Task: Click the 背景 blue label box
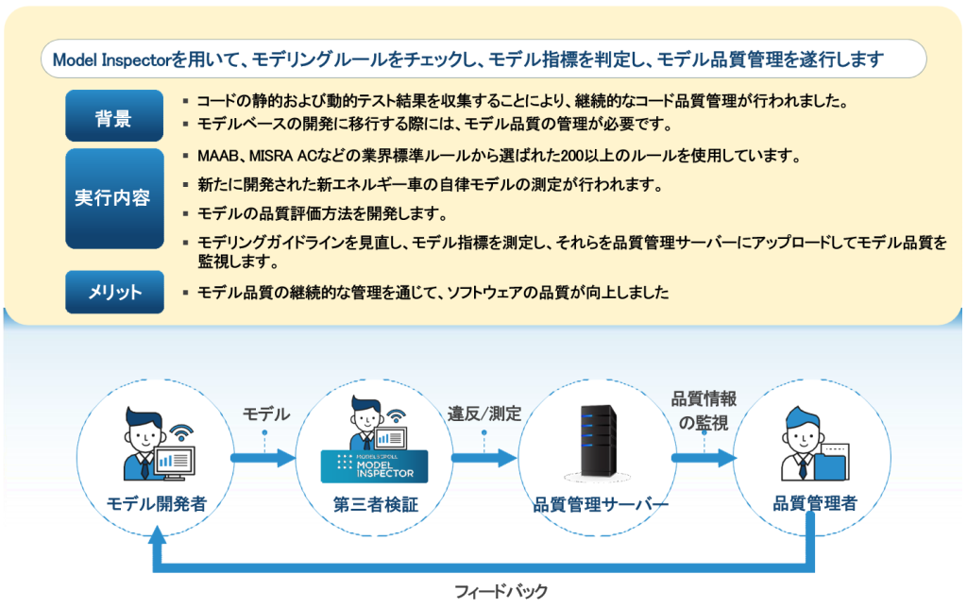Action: point(114,117)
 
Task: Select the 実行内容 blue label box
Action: point(114,198)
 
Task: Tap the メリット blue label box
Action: point(114,292)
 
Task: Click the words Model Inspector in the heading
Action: point(110,59)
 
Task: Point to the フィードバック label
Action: point(500,592)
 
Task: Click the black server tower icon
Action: point(596,444)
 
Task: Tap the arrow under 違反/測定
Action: point(483,459)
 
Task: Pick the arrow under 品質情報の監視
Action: point(704,459)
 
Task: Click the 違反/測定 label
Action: point(483,414)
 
